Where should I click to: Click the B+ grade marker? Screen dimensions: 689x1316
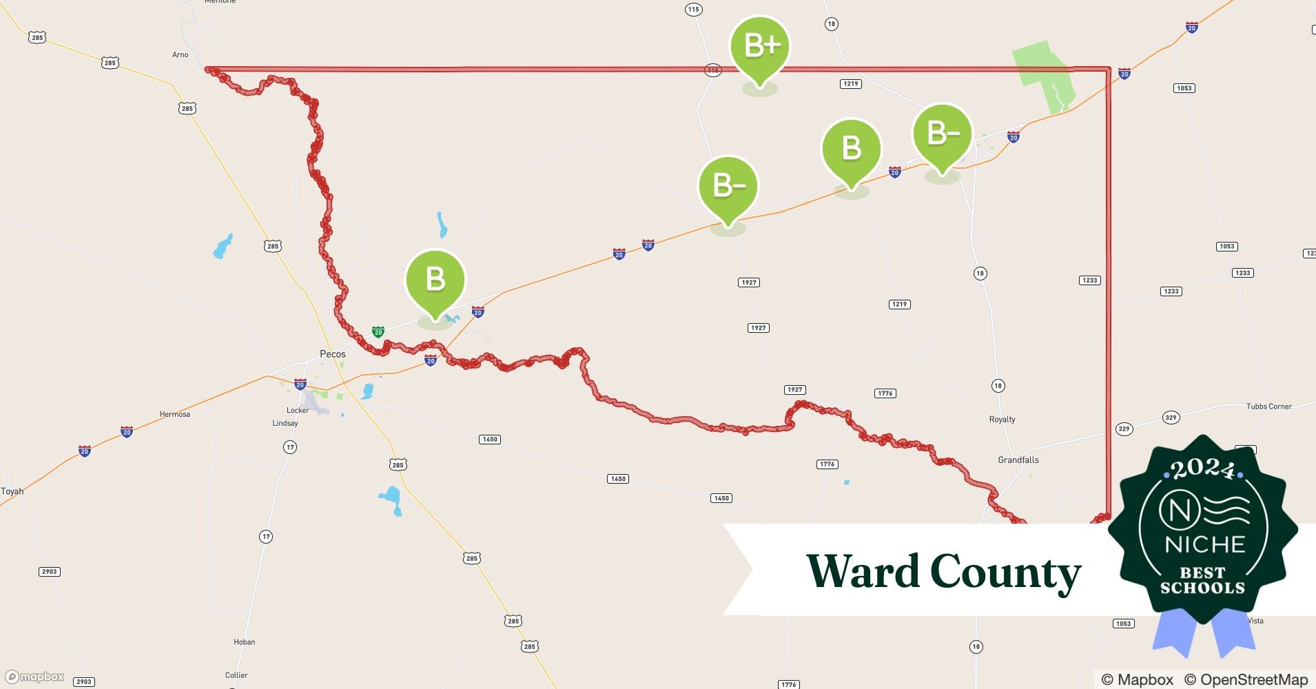tap(760, 47)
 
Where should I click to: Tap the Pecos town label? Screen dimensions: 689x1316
tap(333, 354)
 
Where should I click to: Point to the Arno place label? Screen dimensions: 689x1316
tap(180, 55)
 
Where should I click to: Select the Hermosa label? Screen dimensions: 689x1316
tap(175, 414)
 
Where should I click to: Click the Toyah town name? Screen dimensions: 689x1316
tap(12, 491)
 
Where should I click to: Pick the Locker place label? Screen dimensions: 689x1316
tap(298, 410)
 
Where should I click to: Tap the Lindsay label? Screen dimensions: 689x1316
tap(285, 423)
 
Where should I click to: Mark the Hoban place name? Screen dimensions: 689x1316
tap(245, 642)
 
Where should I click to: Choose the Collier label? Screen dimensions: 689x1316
tap(236, 675)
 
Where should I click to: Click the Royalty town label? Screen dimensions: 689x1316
tap(1002, 420)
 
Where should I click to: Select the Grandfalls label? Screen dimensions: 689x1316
tap(1018, 460)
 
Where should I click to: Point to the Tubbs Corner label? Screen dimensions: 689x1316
tap(1269, 407)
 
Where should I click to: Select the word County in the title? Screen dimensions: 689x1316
tap(1006, 573)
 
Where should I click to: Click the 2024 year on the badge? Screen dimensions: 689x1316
tap(1203, 469)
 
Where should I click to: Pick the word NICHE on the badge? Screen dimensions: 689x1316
tap(1205, 545)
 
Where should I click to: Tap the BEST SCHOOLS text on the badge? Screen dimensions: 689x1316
tap(1203, 580)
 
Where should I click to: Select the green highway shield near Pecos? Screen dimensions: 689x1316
tap(378, 331)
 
